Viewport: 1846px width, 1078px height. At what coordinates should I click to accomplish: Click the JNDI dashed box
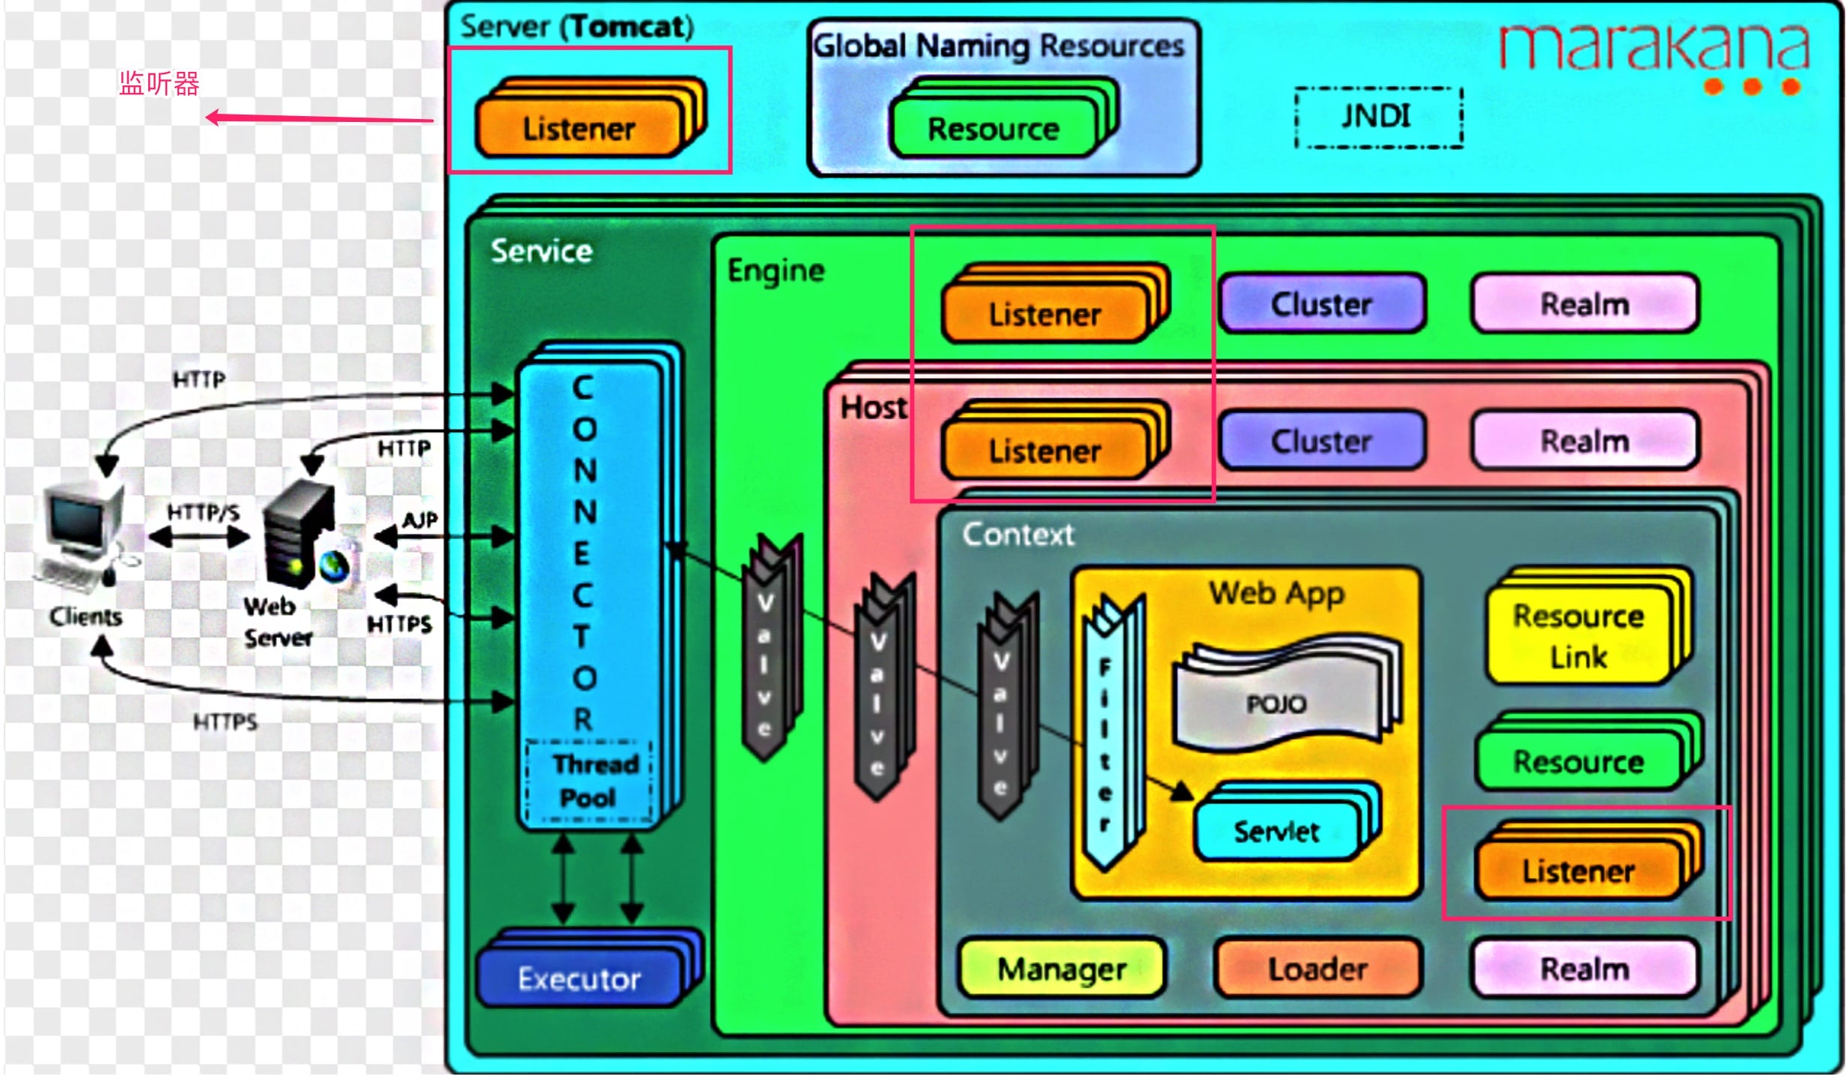(1377, 118)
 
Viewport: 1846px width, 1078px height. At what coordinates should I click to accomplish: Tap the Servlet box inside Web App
(1277, 831)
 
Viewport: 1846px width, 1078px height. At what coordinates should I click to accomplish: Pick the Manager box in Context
(1061, 969)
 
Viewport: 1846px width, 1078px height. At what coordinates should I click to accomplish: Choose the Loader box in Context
(1318, 969)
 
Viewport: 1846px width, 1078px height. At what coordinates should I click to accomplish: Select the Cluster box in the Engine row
(1322, 305)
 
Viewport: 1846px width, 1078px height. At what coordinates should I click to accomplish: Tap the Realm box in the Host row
(1585, 441)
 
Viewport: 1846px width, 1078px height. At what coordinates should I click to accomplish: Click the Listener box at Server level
(579, 129)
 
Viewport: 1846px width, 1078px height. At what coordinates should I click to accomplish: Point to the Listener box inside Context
(1578, 871)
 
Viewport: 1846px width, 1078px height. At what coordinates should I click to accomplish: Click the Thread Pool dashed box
(589, 781)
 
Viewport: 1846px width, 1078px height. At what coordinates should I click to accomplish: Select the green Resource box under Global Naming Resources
(993, 129)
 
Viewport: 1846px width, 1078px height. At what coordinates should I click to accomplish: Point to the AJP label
(419, 520)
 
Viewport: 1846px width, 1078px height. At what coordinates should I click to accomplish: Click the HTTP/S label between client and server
(203, 512)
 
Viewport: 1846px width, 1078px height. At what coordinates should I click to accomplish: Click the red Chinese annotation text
(159, 84)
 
